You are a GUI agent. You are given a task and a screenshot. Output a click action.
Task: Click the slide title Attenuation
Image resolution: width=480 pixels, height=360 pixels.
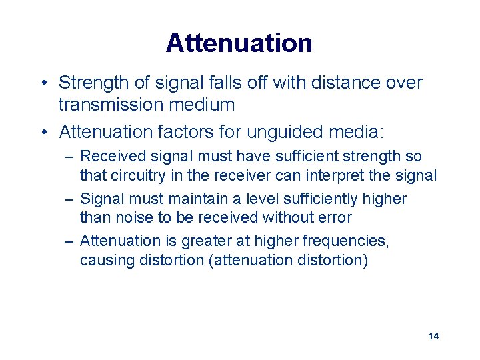[x=239, y=43]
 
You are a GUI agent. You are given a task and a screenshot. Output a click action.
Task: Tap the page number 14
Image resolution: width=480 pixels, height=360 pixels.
[x=433, y=336]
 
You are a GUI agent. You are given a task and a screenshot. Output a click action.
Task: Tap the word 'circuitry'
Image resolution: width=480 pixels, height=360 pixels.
[x=136, y=176]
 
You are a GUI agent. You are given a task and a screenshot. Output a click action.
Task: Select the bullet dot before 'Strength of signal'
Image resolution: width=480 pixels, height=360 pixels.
[x=43, y=83]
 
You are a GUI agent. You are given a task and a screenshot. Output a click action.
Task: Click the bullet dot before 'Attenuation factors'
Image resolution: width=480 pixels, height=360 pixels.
[x=43, y=133]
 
